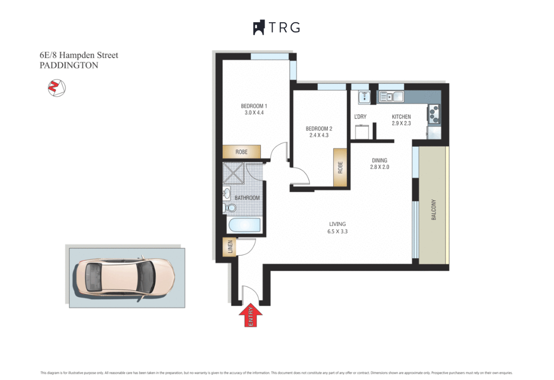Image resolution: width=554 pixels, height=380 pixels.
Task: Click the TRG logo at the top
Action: pos(276,28)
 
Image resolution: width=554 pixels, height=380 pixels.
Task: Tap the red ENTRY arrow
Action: pos(250,316)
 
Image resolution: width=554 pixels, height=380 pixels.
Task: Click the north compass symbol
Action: pos(56,87)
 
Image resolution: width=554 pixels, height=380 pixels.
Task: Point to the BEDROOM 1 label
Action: pos(254,106)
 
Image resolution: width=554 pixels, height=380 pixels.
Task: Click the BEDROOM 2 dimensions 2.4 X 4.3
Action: pos(319,135)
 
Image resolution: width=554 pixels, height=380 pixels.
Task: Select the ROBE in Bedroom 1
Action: pos(241,152)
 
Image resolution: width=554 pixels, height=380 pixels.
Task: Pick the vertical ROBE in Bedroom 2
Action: pos(340,168)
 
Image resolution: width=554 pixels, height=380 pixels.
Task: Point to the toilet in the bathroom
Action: pos(229,208)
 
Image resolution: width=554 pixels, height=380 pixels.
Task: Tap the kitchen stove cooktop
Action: pos(434,113)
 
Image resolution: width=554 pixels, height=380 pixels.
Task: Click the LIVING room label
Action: pos(337,224)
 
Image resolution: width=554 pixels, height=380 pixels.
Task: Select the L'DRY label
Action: pos(360,117)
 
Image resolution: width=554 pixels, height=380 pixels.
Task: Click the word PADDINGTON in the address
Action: pos(69,65)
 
